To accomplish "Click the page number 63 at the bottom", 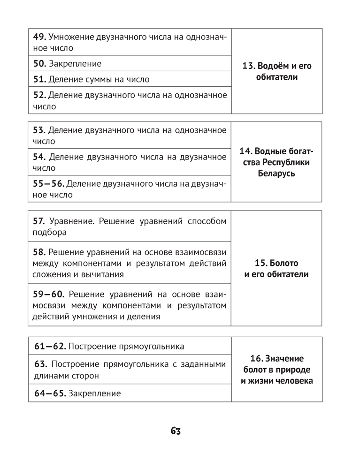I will coord(176,431).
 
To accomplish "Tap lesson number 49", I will coord(39,37).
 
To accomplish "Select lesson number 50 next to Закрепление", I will coord(39,63).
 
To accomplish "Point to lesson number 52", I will coord(39,95).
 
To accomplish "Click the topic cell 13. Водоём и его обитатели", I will coord(277,71).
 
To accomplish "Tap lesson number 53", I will coord(39,130).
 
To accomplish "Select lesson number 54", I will coord(39,157).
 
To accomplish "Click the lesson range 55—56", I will coord(49,184).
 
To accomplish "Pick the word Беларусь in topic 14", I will coord(276,174).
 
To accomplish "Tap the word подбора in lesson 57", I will coord(50,232).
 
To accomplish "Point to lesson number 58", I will coord(39,252).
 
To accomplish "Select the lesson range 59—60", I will coord(49,294).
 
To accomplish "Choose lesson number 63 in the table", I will coord(40,364).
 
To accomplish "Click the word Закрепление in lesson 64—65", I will coord(94,393).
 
